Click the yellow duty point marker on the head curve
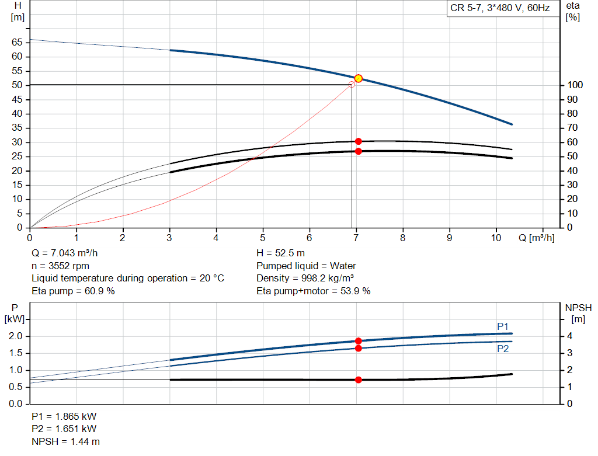click(359, 78)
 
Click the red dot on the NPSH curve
click(359, 380)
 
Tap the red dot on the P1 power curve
click(359, 341)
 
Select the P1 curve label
click(503, 326)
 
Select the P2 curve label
click(503, 349)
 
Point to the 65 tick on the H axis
click(17, 42)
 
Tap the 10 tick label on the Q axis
click(496, 238)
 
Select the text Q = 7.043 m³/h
click(65, 253)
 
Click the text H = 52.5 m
click(280, 253)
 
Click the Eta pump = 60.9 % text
click(73, 290)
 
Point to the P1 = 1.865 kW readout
click(64, 417)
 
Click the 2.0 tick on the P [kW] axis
click(15, 336)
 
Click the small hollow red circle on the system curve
click(352, 85)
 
